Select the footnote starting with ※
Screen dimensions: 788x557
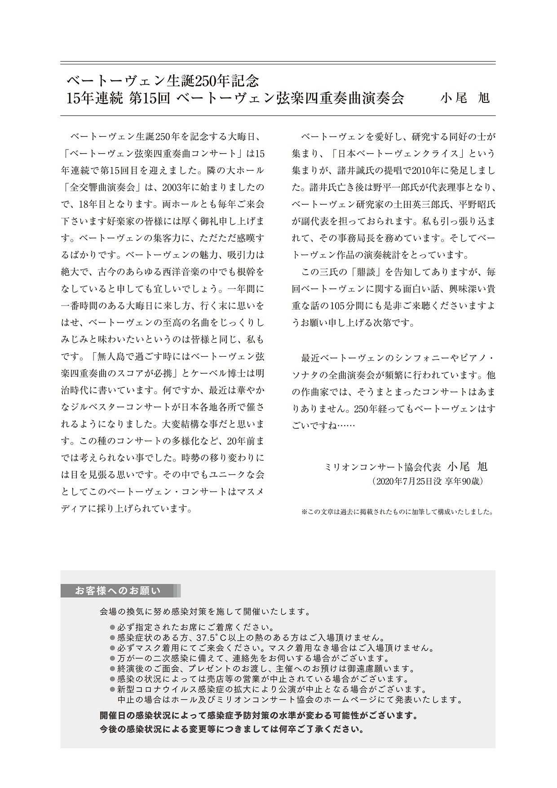pyautogui.click(x=397, y=512)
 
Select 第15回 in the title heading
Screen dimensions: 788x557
pyautogui.click(x=149, y=98)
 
